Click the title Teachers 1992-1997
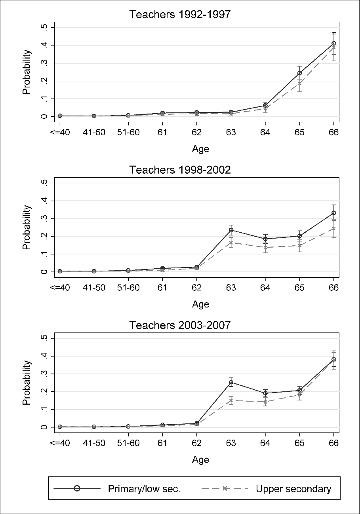coord(180,15)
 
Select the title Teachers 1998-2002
coord(180,170)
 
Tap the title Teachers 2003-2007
coord(180,326)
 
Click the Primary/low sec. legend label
coord(144,489)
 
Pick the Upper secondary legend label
coord(293,489)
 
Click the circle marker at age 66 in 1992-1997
coord(334,44)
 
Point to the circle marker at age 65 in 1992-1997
coord(299,73)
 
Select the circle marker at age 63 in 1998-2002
coord(231,230)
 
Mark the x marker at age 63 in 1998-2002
coord(231,243)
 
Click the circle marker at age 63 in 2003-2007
coord(231,382)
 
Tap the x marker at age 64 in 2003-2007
coord(265,402)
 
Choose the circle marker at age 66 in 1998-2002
coord(334,213)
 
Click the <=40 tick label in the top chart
coord(60,132)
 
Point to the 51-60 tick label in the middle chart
coord(128,288)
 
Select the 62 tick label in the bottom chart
coord(197,443)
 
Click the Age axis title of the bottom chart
coord(200,460)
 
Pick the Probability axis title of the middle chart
coord(27,227)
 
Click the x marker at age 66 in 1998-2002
coord(334,228)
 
